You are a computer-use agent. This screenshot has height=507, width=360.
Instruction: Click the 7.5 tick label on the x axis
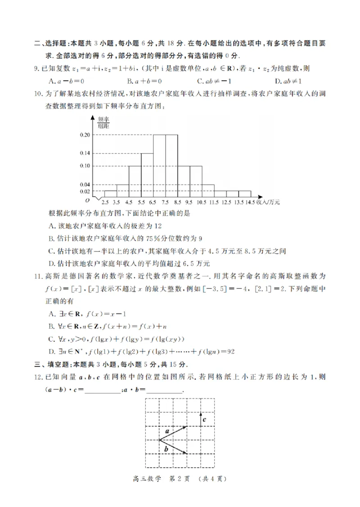click(165, 203)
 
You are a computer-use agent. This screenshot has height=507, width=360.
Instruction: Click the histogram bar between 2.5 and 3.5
click(111, 194)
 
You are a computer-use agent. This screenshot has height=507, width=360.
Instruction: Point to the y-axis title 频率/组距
click(103, 122)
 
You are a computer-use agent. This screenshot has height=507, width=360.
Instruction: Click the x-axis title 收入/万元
click(268, 203)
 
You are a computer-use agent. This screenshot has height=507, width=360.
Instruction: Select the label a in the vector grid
click(166, 431)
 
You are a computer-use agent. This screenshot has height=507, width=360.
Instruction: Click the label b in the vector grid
click(166, 448)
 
